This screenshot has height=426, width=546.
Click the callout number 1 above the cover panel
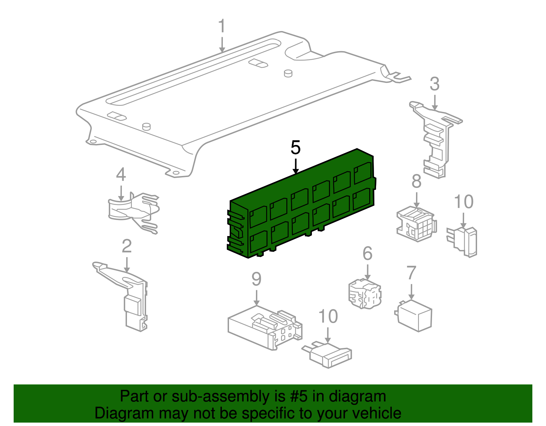[x=222, y=26]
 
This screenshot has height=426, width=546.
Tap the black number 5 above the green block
[x=296, y=148]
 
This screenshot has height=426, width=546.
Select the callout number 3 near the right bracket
[x=434, y=84]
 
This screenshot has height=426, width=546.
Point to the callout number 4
[x=121, y=175]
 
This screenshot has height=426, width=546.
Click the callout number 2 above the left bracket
[x=127, y=246]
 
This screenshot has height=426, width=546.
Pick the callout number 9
[x=256, y=279]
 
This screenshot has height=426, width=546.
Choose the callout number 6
[x=367, y=253]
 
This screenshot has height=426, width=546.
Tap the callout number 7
[x=412, y=273]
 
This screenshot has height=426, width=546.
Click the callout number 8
[x=416, y=181]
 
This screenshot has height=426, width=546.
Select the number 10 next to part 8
[x=463, y=202]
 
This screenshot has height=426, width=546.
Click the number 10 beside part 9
[x=328, y=317]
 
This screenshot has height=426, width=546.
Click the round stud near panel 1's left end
[x=146, y=126]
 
